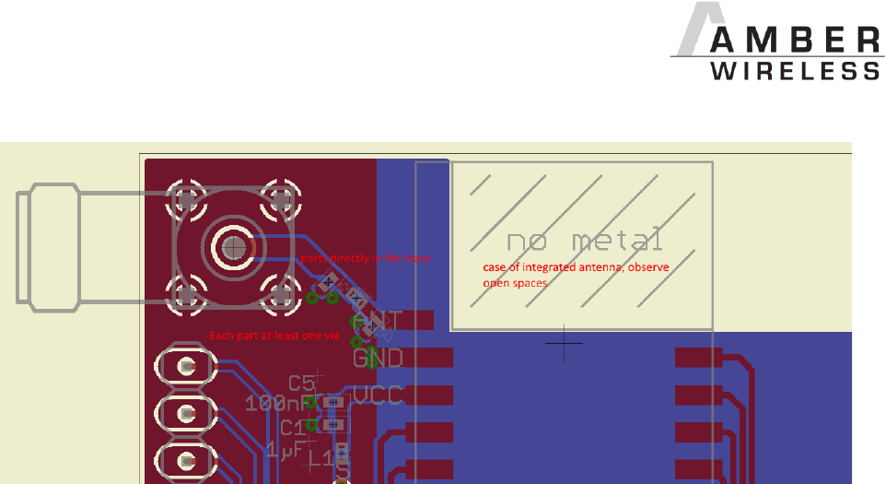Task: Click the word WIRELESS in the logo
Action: click(x=797, y=71)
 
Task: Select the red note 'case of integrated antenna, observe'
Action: click(x=576, y=267)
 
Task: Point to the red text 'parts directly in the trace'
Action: click(x=366, y=259)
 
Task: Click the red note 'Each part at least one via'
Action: click(x=274, y=336)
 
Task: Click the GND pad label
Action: click(x=378, y=358)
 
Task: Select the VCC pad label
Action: click(x=378, y=396)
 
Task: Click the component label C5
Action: click(x=301, y=383)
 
